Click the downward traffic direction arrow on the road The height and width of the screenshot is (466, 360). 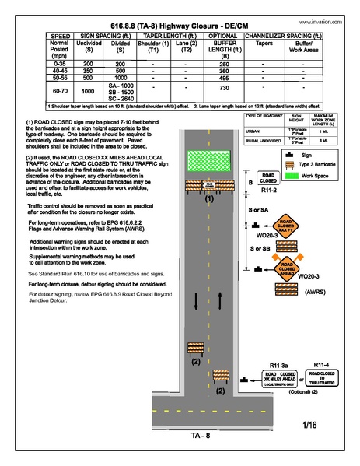click(196, 300)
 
